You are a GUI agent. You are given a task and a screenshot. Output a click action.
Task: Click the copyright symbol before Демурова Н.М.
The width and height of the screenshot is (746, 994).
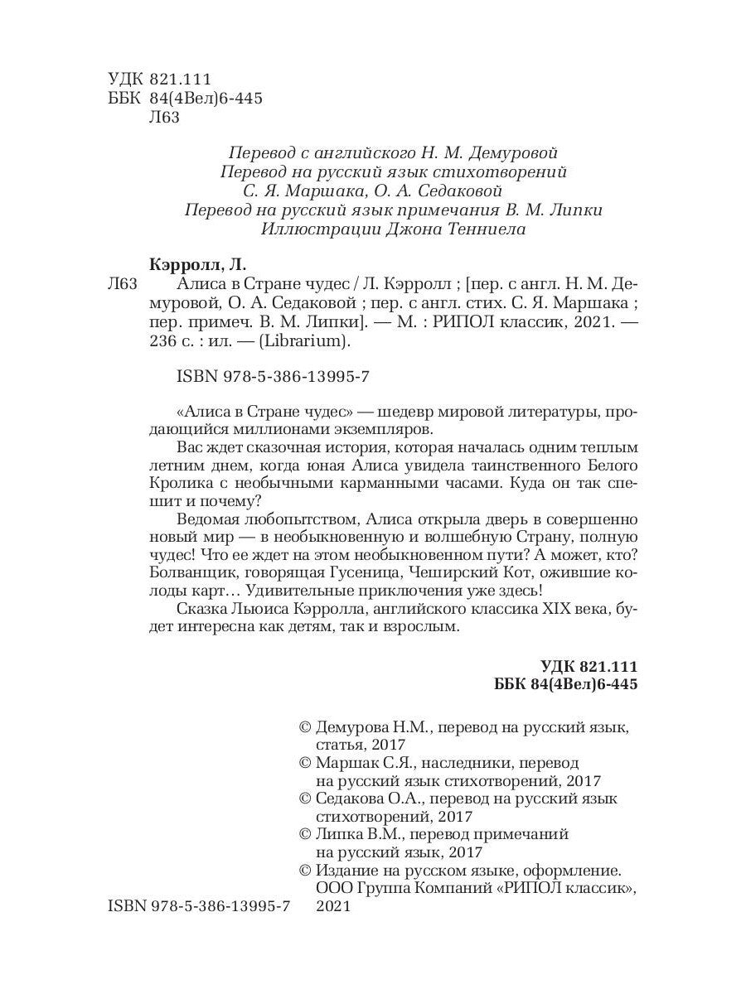tap(303, 726)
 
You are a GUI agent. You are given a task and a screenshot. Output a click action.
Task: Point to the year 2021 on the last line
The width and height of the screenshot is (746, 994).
tap(335, 908)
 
